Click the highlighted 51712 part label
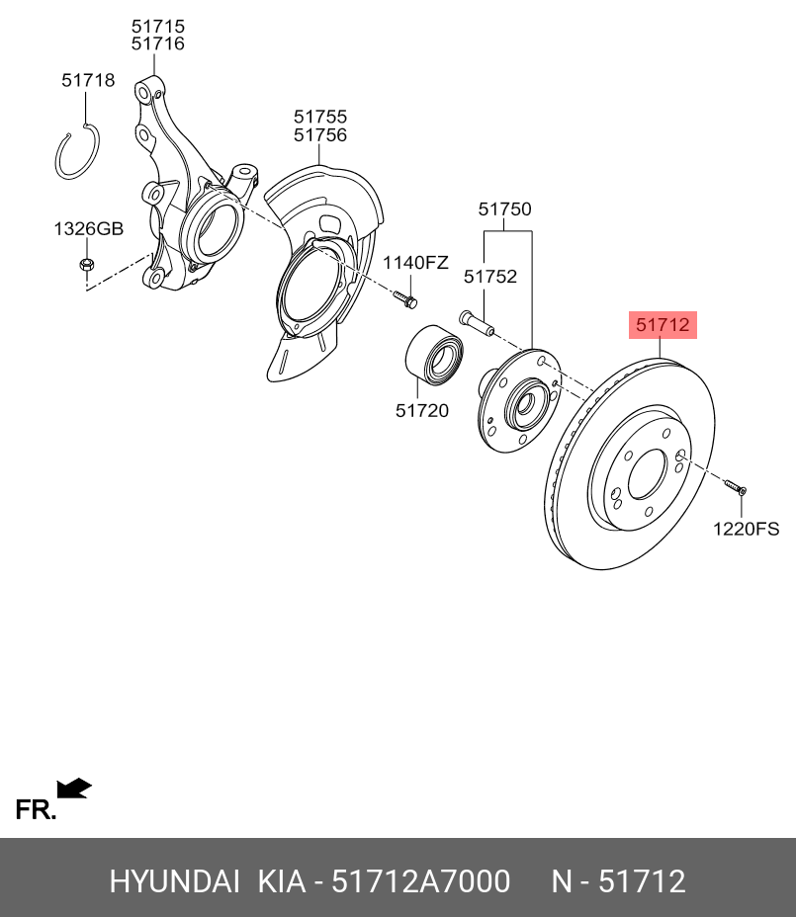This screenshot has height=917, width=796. (663, 324)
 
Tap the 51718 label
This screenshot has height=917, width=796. (88, 81)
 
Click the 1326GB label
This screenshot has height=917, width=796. (88, 229)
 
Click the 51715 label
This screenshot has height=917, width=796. (159, 26)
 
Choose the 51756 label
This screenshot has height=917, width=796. (319, 135)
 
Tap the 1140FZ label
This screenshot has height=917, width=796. (415, 263)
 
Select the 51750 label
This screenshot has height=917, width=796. (504, 209)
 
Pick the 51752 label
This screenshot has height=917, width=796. (490, 277)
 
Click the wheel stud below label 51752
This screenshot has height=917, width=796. (476, 322)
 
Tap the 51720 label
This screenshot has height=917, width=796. (422, 410)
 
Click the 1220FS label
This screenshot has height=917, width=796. (747, 529)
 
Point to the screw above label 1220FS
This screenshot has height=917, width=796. (734, 487)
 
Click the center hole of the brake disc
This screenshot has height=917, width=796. (647, 473)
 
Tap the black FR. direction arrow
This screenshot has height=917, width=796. (74, 788)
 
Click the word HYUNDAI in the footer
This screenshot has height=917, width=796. (174, 880)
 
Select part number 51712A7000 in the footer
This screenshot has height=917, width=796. (420, 880)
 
